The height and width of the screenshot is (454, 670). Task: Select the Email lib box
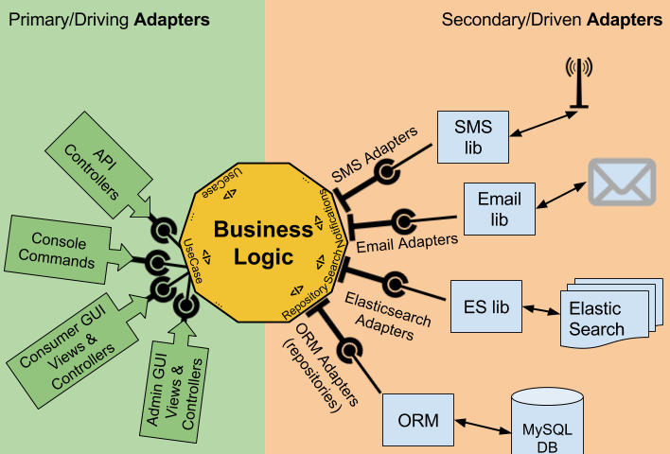coord(500,209)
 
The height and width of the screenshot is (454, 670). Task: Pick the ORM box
coord(418,419)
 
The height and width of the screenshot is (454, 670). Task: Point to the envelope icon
coord(622,182)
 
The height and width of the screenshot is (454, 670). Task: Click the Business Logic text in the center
coord(262,241)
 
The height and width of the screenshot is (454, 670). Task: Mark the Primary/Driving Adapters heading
coord(108,19)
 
